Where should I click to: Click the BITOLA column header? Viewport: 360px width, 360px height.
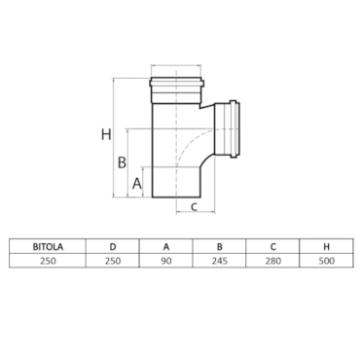48,247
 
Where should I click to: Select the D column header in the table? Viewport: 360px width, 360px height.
113,247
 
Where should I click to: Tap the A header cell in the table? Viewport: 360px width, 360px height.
166,247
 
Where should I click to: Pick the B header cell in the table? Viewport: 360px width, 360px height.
220,247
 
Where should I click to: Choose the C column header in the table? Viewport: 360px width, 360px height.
273,247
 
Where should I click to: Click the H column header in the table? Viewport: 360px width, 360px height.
326,247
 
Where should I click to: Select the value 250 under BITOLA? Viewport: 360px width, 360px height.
48,261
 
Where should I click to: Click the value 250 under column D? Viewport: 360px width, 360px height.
113,261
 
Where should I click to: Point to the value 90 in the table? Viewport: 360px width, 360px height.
166,261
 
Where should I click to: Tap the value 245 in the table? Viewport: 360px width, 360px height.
220,261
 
